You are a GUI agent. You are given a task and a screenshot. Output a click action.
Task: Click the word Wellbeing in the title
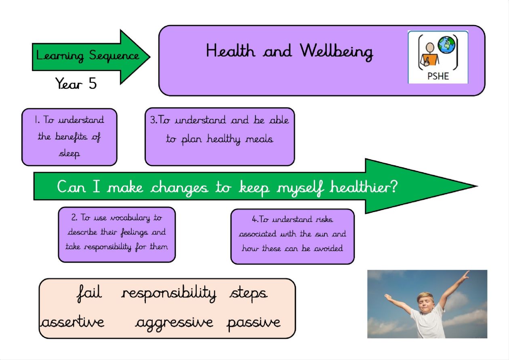pos(336,52)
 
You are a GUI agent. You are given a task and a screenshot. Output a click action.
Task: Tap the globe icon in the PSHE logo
pos(447,45)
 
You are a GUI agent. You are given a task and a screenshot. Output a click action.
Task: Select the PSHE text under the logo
pos(438,76)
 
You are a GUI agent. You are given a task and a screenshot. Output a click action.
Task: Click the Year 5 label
pos(76,83)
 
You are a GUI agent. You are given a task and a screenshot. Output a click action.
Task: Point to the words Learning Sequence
pos(88,56)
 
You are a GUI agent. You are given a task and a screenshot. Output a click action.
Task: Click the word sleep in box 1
pos(69,154)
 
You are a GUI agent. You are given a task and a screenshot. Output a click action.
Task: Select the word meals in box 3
pos(259,139)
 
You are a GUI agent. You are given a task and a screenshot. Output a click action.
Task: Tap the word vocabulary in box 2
pos(130,218)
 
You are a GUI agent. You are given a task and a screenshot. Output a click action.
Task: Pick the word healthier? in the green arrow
pos(364,187)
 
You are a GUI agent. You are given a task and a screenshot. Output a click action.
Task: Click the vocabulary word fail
pos(89,293)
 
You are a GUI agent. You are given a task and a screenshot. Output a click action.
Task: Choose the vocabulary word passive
pos(254,323)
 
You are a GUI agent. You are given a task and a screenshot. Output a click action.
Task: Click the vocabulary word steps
pos(248,294)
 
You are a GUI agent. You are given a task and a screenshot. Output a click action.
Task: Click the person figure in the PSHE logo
pos(429,54)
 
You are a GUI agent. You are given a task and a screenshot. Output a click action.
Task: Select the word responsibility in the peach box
pos(169,293)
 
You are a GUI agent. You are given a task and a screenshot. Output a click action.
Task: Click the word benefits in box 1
pos(71,137)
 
